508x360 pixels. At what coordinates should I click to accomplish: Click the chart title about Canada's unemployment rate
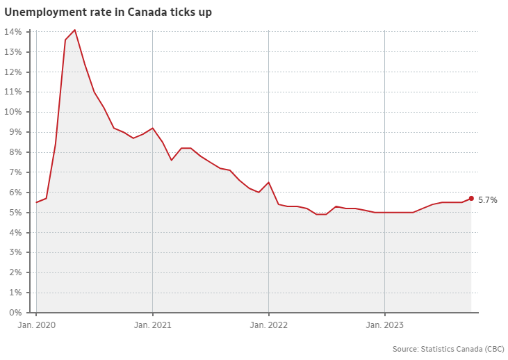(108, 13)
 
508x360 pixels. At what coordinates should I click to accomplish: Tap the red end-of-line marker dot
(471, 198)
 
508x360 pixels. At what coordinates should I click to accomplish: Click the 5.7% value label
(487, 200)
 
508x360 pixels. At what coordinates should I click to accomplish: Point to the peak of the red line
(75, 30)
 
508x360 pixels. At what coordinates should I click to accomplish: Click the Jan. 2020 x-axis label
(35, 325)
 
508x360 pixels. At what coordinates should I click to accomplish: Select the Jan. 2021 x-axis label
(152, 325)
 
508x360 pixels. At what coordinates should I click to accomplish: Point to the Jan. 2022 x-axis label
(268, 325)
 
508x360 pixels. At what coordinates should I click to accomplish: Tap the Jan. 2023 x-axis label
(384, 325)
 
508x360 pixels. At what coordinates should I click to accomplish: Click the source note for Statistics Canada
(448, 348)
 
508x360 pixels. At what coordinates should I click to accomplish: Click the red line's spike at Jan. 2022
(268, 182)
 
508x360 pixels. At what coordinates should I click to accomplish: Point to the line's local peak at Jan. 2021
(152, 128)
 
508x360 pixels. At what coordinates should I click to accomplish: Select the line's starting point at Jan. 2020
(36, 202)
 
